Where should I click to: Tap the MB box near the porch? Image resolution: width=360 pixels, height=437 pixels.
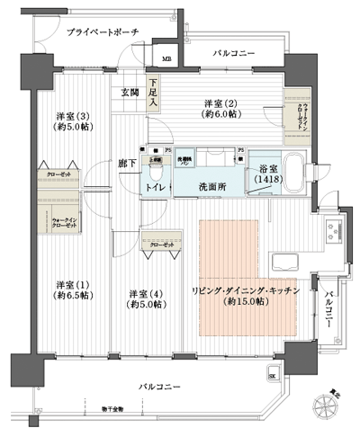tap(166, 60)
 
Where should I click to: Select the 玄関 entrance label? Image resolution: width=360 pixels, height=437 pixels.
tap(130, 93)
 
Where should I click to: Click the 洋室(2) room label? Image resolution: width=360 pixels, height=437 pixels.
tap(220, 102)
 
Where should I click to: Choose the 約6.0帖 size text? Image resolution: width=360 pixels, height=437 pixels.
tap(220, 114)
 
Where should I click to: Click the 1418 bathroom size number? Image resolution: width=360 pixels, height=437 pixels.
tap(268, 180)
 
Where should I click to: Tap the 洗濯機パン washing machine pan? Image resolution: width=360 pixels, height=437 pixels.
tap(184, 158)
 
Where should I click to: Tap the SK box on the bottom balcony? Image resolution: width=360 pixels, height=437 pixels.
tap(273, 378)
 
